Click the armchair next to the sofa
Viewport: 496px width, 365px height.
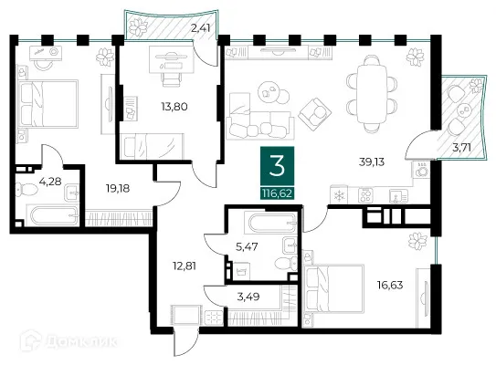tap(315, 114)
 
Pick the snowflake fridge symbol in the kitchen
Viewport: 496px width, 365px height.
tap(339, 195)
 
